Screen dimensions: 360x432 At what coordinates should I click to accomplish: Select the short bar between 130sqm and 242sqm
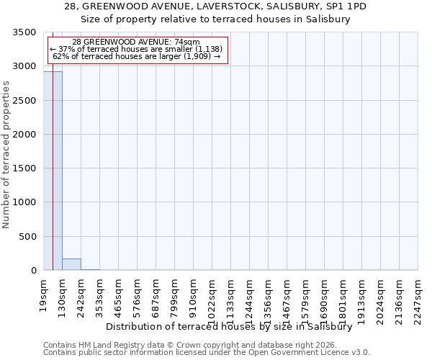point(71,264)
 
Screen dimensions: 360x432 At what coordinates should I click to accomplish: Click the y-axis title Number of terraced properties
point(7,154)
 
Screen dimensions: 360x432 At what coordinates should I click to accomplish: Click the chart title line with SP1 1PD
point(215,6)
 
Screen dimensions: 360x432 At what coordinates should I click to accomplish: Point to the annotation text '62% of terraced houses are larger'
point(136,56)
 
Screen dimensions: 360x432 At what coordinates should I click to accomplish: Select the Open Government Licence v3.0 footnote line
point(207,353)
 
